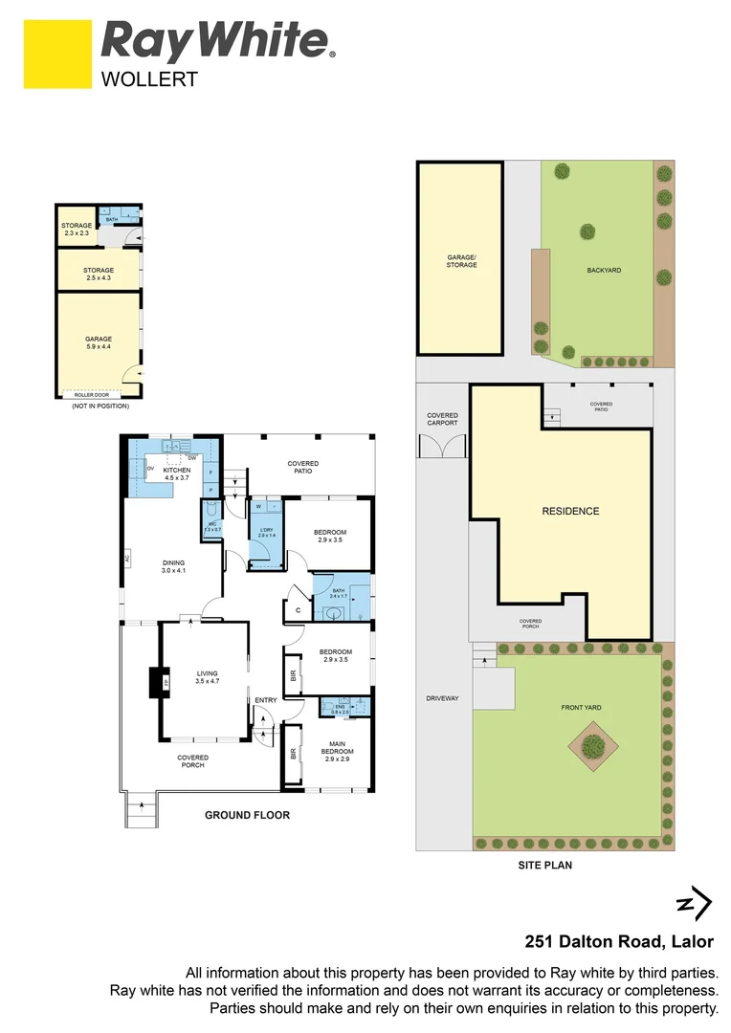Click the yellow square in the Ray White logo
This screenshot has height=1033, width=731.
point(57,55)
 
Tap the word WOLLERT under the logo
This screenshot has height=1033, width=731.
point(149,79)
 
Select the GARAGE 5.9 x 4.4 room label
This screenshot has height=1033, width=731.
point(99,342)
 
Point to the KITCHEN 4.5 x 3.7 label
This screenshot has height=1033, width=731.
point(177,474)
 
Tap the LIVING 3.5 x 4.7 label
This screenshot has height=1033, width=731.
point(207,676)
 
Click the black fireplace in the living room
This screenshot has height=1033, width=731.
point(156,682)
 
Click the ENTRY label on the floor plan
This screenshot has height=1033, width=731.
point(265,700)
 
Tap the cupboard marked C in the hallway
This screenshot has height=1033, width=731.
point(298,610)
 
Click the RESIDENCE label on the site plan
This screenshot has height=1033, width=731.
point(570,511)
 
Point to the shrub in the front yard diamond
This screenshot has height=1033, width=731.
point(593,743)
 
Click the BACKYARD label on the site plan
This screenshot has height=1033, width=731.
point(604,271)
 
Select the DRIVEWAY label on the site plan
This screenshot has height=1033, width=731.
point(443,698)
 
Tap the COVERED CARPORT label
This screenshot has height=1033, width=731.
point(442,419)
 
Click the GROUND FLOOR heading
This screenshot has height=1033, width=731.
point(247,815)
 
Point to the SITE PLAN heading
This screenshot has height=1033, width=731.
point(545,865)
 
